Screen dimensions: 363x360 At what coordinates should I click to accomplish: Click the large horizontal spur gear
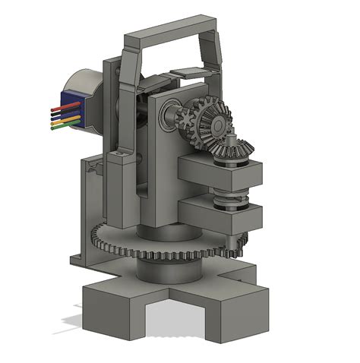tap(152, 247)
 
